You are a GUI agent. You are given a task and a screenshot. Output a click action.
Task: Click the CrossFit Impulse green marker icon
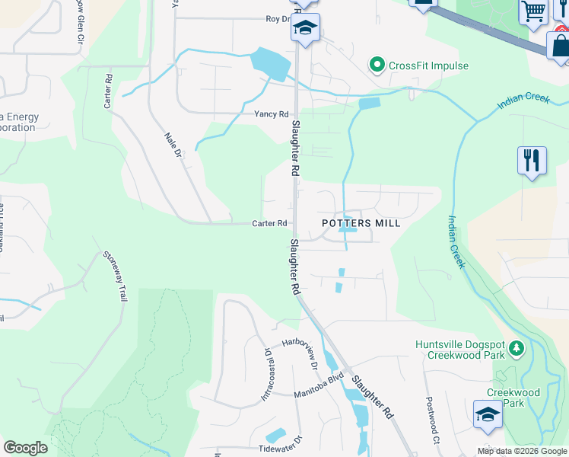tap(377, 66)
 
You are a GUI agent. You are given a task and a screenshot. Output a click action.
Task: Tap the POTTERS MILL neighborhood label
tap(361, 223)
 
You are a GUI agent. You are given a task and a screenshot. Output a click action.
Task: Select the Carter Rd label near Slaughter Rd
tap(270, 224)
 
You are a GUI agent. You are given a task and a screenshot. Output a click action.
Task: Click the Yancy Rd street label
tap(272, 114)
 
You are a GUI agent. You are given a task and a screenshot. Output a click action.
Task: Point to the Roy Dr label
tap(278, 19)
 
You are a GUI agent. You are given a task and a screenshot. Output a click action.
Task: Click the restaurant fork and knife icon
tap(532, 161)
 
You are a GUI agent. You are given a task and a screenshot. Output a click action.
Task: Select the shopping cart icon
tap(534, 11)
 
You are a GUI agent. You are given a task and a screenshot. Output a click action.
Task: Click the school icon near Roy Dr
tap(305, 29)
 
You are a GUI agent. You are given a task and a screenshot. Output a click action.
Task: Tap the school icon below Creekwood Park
tap(488, 414)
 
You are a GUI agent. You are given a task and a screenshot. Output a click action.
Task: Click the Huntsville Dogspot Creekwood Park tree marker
tap(517, 350)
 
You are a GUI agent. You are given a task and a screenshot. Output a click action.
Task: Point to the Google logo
tap(25, 448)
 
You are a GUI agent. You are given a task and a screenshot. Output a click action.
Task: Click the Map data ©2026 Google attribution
tap(522, 451)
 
